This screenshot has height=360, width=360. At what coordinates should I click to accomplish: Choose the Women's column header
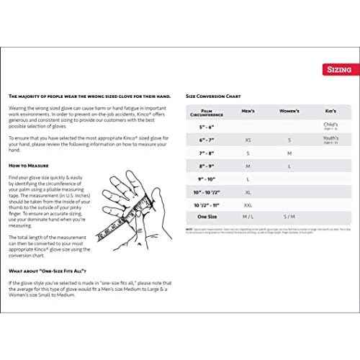click(289, 112)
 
